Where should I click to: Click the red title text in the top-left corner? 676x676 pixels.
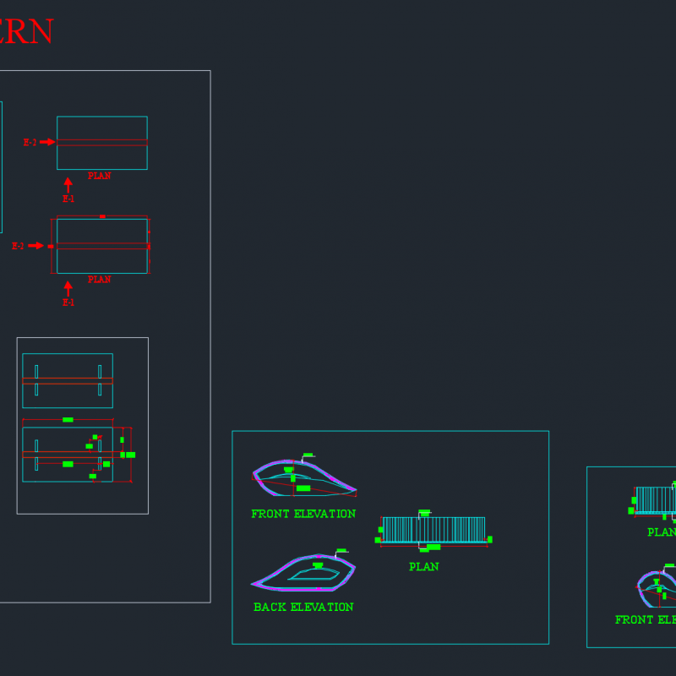(25, 32)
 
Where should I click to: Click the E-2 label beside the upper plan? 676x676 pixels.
(30, 142)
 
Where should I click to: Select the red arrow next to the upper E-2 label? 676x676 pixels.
(48, 142)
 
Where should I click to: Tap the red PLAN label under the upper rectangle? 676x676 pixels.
(99, 176)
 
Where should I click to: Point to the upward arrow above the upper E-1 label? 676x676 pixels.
(68, 183)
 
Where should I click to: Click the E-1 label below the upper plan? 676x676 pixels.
(68, 199)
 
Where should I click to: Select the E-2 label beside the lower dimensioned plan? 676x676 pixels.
(18, 246)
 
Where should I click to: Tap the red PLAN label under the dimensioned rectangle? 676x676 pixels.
(99, 280)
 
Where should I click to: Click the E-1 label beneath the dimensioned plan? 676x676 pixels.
(68, 303)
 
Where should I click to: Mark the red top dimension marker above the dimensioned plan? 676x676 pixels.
(102, 216)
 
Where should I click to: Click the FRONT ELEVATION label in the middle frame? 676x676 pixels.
(303, 514)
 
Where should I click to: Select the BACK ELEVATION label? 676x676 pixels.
(303, 607)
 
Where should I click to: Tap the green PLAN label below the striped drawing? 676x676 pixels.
(423, 567)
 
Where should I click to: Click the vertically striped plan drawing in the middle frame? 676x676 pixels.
(433, 529)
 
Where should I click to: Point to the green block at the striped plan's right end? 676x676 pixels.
(489, 539)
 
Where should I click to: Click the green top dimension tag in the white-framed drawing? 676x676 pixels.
(68, 419)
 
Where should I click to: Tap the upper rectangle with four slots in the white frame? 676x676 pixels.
(68, 380)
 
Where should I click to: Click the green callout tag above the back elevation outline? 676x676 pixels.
(341, 551)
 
